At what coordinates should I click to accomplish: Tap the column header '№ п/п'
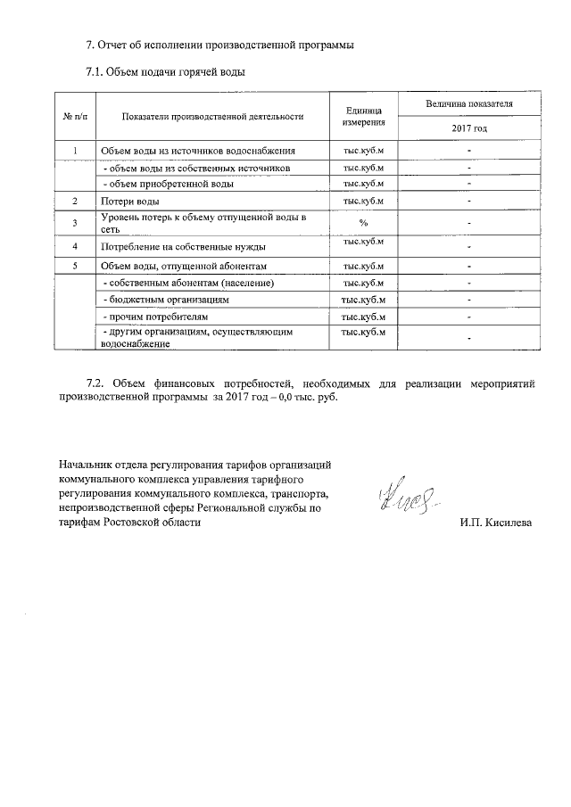(75, 116)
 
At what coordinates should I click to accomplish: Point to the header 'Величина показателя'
(468, 104)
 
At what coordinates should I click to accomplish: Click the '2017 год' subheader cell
(468, 128)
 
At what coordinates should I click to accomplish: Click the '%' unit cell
(363, 223)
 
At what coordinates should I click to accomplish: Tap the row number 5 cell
(76, 266)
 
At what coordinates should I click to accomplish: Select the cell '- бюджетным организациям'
(155, 300)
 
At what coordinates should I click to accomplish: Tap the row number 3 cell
(76, 223)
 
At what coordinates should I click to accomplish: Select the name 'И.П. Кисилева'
(496, 522)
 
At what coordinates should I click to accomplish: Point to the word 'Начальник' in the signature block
(87, 465)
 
